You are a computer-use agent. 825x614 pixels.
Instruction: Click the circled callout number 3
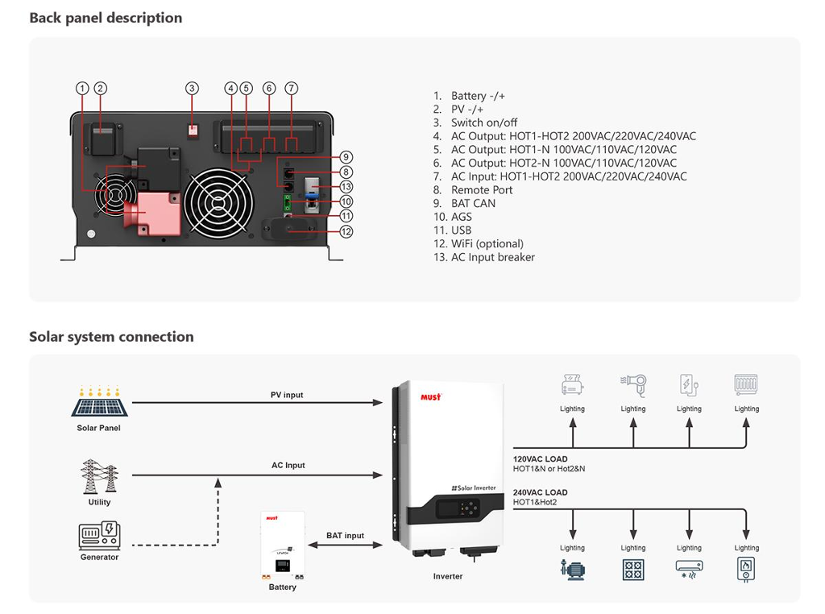[x=192, y=89]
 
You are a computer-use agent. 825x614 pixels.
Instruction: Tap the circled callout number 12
[x=346, y=231]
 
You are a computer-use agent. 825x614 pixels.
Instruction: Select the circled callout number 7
[x=292, y=89]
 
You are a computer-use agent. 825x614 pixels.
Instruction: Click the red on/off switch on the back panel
[x=193, y=130]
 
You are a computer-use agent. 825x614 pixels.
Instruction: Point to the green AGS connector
[x=288, y=202]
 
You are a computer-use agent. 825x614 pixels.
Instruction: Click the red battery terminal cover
[x=153, y=214]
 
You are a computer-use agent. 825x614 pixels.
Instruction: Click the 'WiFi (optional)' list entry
[x=479, y=243]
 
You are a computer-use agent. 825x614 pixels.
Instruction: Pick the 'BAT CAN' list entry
[x=464, y=204]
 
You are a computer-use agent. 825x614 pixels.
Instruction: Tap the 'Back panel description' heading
[x=106, y=18]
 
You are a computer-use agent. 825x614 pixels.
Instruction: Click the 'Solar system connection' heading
[x=111, y=337]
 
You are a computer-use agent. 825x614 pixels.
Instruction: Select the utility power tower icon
[x=99, y=476]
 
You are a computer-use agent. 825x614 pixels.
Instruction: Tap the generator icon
[x=99, y=536]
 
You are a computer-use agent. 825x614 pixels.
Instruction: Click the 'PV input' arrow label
[x=287, y=395]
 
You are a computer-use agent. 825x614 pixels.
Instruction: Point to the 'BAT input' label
[x=345, y=536]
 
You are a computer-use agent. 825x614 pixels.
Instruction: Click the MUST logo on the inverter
[x=431, y=396]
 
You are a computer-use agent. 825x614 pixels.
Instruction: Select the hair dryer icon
[x=633, y=386]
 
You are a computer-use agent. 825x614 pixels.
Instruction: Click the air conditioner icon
[x=689, y=569]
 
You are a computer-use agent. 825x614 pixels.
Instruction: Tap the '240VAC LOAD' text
[x=541, y=492]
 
